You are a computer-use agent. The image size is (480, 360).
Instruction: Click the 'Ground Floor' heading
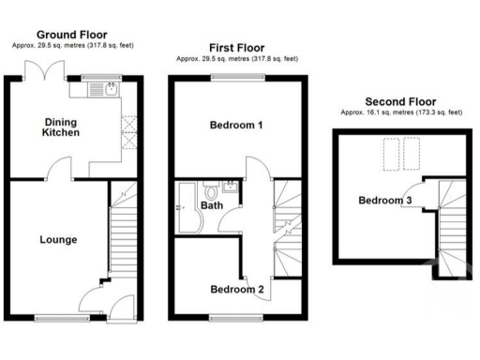pos(74,35)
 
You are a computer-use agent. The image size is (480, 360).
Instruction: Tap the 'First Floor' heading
pos(237,47)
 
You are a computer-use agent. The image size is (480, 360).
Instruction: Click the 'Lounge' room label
pos(58,240)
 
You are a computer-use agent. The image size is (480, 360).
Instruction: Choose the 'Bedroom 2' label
pos(235,289)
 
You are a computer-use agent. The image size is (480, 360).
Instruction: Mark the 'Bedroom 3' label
pos(384,200)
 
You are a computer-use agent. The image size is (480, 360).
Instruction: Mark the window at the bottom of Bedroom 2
pos(225,317)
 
